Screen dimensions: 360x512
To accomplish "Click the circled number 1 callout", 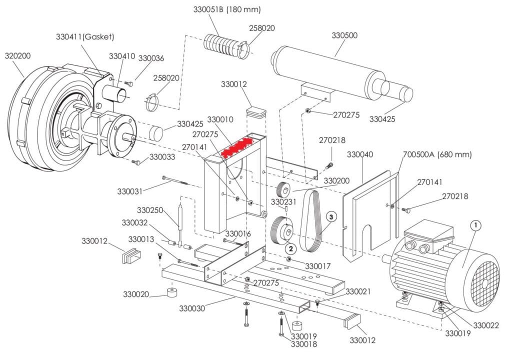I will tap(476, 225).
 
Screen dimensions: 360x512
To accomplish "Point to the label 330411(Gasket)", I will tap(85, 37).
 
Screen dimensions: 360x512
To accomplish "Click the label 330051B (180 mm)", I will tap(227, 9).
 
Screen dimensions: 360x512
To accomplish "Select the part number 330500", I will tap(344, 35).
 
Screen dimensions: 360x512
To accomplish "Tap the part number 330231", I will tap(283, 201).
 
